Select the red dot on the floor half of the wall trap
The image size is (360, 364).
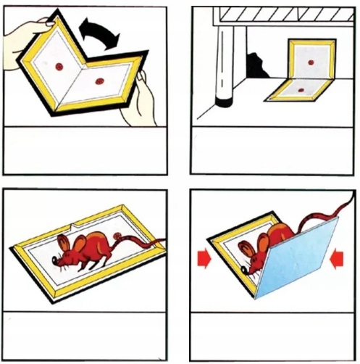301,90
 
